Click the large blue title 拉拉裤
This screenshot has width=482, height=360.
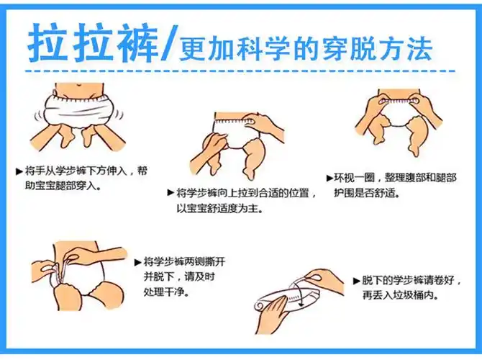[x=91, y=45]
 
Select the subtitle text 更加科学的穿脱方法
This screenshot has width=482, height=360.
[x=305, y=48]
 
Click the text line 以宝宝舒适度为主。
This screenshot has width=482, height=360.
[x=220, y=208]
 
